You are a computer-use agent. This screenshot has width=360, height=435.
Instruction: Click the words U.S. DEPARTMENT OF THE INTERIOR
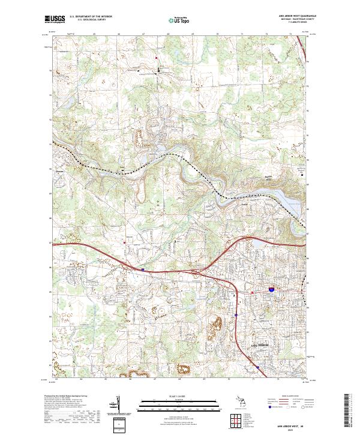click(x=90, y=14)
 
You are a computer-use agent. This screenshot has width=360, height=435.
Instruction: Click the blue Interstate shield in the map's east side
click(x=271, y=289)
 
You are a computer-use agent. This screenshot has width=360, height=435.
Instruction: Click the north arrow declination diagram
click(x=118, y=403)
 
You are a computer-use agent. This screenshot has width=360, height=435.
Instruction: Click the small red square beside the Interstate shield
click(x=253, y=292)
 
